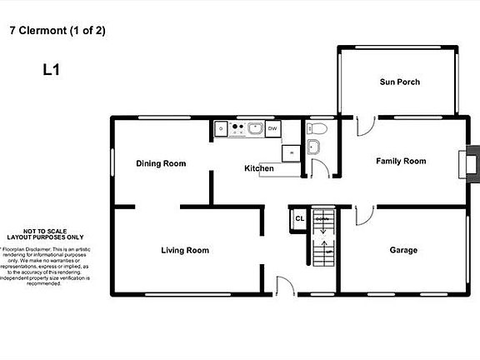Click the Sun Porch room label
tap(399, 82)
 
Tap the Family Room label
tap(400, 161)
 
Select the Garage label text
tap(403, 250)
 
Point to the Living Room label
tap(184, 250)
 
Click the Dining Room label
tap(161, 163)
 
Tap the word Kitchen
tap(258, 168)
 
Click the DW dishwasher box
tap(272, 128)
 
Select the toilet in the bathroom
tap(317, 129)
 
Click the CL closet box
tap(299, 219)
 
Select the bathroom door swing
tap(317, 168)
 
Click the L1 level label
tap(52, 71)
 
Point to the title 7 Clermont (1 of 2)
tap(57, 31)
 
